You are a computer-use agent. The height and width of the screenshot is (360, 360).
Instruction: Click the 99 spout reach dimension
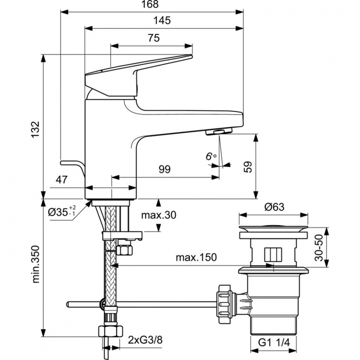click(x=165, y=169)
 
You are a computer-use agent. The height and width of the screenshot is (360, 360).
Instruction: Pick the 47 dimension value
click(x=61, y=180)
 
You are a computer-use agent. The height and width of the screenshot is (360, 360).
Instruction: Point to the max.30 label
click(x=158, y=215)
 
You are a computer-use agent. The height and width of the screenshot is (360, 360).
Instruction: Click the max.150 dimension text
click(x=196, y=257)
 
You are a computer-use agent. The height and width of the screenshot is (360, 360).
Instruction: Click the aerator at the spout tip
click(x=218, y=132)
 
